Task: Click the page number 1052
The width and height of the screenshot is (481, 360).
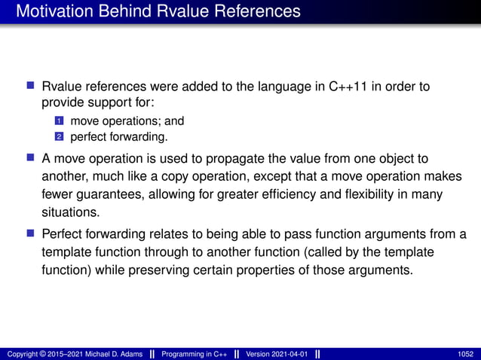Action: pyautogui.click(x=466, y=354)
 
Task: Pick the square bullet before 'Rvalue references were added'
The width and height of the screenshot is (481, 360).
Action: pyautogui.click(x=32, y=87)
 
